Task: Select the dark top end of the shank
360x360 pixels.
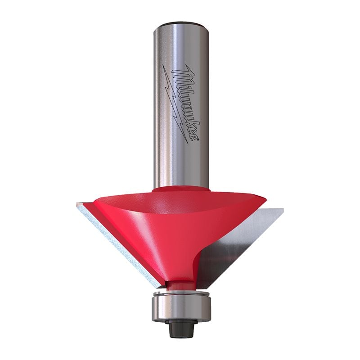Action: point(182,23)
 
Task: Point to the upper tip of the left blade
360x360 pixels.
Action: point(79,205)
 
